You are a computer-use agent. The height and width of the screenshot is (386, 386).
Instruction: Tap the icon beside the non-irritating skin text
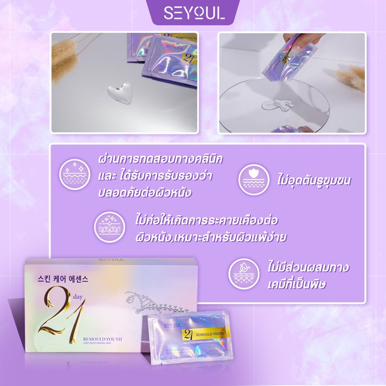(109, 226)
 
